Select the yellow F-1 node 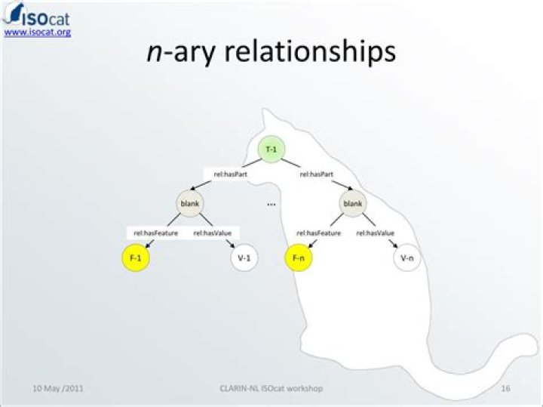(x=137, y=258)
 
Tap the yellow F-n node (x=298, y=258)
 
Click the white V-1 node (x=244, y=258)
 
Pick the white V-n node (x=406, y=258)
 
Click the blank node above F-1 (x=189, y=203)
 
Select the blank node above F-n (x=352, y=203)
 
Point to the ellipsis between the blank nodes (x=271, y=203)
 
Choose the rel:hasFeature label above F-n (x=319, y=233)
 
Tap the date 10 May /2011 (x=58, y=388)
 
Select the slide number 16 (x=505, y=388)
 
